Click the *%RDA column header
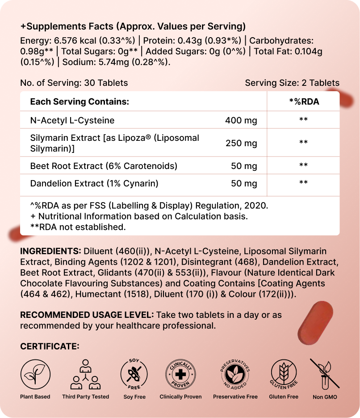[x=304, y=102]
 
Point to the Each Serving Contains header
[x=80, y=102]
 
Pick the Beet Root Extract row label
[x=104, y=166]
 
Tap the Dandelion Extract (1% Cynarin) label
[x=94, y=183]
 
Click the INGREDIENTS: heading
[x=50, y=251]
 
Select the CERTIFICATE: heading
[x=50, y=346]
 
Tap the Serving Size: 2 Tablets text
[x=292, y=83]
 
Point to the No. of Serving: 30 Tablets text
[x=74, y=83]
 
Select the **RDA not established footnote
[x=78, y=227]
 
